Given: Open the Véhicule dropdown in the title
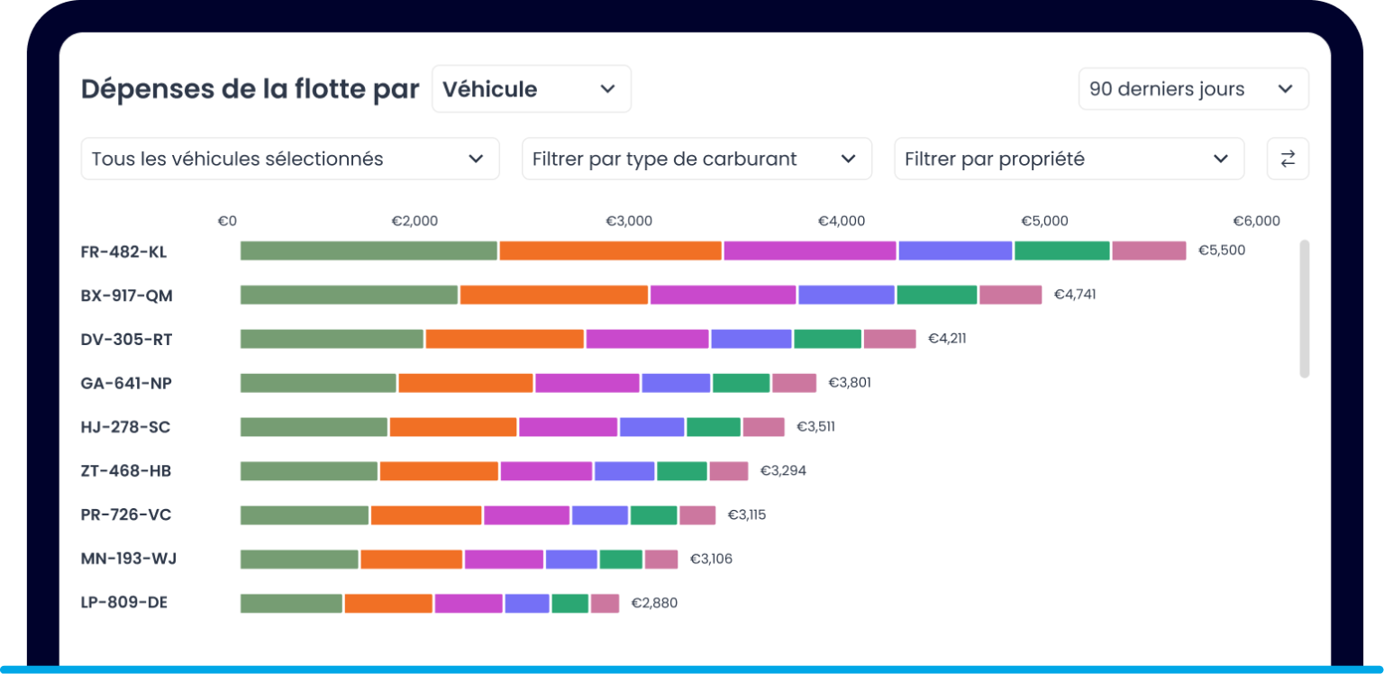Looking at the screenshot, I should pyautogui.click(x=531, y=89).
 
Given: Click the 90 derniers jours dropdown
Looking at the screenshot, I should pyautogui.click(x=1192, y=89).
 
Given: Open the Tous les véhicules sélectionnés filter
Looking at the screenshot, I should pyautogui.click(x=289, y=159).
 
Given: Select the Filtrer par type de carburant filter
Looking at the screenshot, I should pyautogui.click(x=696, y=159).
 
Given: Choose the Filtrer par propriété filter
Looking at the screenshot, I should pyautogui.click(x=1068, y=159).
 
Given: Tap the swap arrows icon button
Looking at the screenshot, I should pyautogui.click(x=1288, y=159).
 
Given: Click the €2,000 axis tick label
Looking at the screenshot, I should pyautogui.click(x=414, y=222).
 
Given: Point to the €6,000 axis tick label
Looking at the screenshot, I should pyautogui.click(x=1256, y=222).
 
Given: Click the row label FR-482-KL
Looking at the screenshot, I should pyautogui.click(x=123, y=251).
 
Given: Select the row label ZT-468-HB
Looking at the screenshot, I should pyautogui.click(x=125, y=471).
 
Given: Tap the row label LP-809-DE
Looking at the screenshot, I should pyautogui.click(x=123, y=603).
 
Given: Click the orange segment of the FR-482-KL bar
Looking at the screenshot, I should pyautogui.click(x=610, y=250).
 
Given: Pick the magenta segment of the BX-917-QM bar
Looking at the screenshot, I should pyautogui.click(x=723, y=295).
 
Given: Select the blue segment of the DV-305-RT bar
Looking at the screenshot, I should pyautogui.click(x=751, y=339).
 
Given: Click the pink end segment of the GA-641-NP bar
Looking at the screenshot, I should pyautogui.click(x=794, y=383).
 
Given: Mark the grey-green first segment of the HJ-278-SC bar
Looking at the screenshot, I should pyautogui.click(x=314, y=427).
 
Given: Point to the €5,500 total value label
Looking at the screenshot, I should pyautogui.click(x=1221, y=250).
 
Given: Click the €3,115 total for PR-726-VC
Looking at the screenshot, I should pyautogui.click(x=746, y=515).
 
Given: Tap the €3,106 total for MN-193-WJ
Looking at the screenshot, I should pyautogui.click(x=711, y=560).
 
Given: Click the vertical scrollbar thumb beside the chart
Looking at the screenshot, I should pyautogui.click(x=1305, y=308).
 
